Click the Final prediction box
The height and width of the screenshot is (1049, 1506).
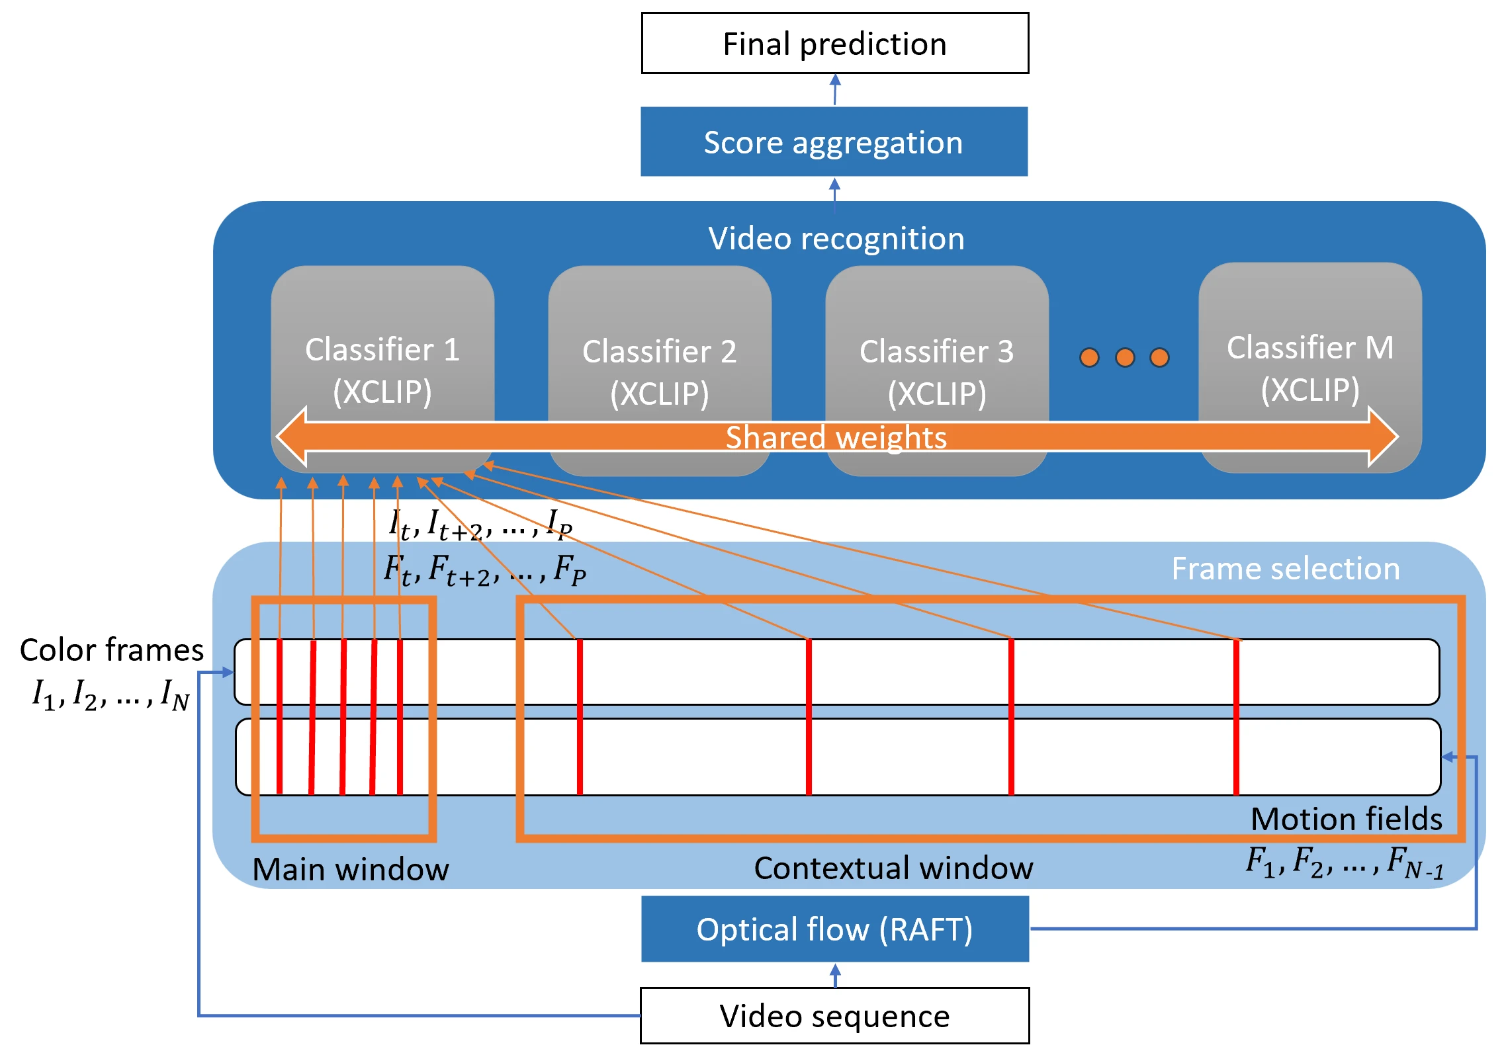click(x=835, y=43)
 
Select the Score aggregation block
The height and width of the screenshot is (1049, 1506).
click(x=834, y=142)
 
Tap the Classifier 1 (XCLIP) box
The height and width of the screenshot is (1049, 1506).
click(x=382, y=369)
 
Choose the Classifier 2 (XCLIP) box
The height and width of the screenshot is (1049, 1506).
click(x=660, y=370)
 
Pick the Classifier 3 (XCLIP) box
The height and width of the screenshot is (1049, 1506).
click(x=937, y=370)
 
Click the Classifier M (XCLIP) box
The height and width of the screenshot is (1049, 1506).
click(x=1310, y=367)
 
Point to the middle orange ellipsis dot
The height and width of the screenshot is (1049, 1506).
click(x=1125, y=357)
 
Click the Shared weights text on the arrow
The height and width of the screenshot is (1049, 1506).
click(x=836, y=437)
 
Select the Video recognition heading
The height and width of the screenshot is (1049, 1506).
click(x=836, y=238)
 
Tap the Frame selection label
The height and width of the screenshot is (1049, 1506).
click(x=1286, y=568)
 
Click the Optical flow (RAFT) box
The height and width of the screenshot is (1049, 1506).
click(x=835, y=929)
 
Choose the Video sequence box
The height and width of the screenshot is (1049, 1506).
click(x=835, y=1015)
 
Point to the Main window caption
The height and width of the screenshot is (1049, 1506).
click(x=351, y=868)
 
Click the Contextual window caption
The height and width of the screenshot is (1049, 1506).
click(x=893, y=868)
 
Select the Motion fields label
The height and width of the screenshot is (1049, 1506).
click(x=1347, y=819)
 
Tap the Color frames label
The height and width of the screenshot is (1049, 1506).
click(x=112, y=650)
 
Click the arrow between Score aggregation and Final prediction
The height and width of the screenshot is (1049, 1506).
click(x=835, y=90)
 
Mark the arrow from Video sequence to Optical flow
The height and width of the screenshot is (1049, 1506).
click(x=835, y=975)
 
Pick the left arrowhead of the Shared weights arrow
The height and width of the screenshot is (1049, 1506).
click(x=291, y=437)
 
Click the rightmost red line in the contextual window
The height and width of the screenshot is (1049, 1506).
click(x=1236, y=717)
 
